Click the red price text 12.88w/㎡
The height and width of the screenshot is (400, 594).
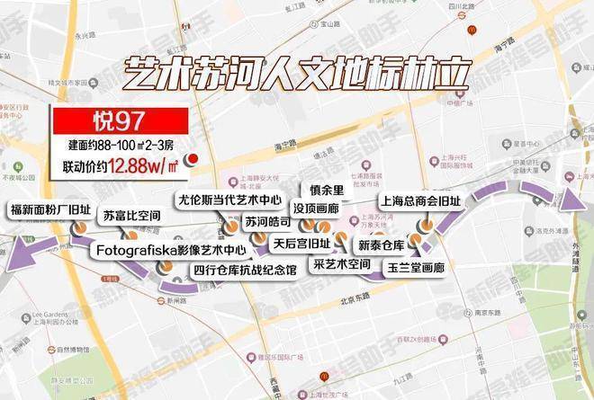pos(144,162)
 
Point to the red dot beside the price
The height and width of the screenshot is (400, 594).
pos(191,162)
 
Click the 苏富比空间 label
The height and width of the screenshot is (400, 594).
pos(131,217)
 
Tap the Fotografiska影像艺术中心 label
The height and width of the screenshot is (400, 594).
pos(165,248)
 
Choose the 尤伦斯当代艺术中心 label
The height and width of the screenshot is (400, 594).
pos(229,200)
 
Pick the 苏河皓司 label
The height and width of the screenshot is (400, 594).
pos(267,221)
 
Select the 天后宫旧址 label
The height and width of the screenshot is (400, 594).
pos(301,244)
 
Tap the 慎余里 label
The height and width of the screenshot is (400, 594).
pos(326,190)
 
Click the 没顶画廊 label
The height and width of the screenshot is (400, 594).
pos(322,207)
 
